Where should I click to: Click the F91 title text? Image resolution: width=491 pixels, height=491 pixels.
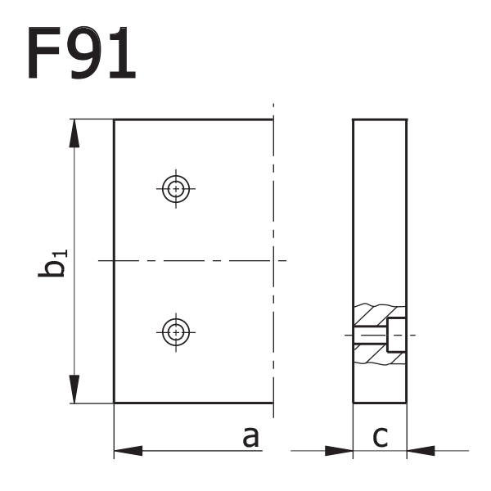click(x=80, y=54)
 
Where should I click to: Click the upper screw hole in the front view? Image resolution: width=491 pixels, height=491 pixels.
click(x=174, y=189)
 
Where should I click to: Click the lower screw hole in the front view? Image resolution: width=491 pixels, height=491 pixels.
click(x=174, y=331)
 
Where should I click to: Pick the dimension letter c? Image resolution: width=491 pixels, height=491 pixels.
click(x=380, y=438)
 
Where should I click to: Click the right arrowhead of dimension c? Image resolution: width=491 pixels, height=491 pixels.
click(x=421, y=450)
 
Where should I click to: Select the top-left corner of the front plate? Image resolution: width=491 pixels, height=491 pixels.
click(x=114, y=119)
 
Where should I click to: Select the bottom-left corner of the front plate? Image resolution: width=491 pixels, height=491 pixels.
click(x=114, y=403)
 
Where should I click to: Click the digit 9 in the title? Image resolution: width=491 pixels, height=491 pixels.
click(x=80, y=54)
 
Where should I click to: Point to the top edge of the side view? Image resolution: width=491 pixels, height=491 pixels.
click(x=380, y=119)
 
